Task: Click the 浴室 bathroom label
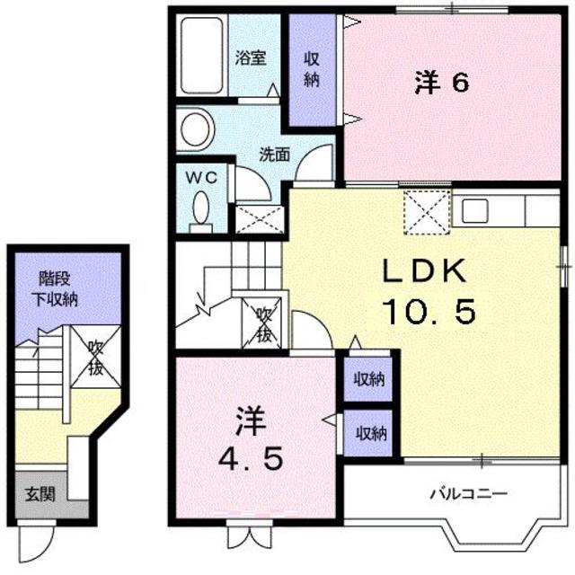(251, 57)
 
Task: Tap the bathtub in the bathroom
(202, 55)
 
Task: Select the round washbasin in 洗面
(197, 129)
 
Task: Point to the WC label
(201, 178)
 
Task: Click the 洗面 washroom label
(275, 155)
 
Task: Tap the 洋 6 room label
(442, 83)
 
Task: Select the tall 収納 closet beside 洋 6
(313, 70)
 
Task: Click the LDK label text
(425, 270)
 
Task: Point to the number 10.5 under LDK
(429, 312)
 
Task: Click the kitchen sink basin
(475, 211)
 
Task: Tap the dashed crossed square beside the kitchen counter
(428, 212)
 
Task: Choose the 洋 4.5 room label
(252, 438)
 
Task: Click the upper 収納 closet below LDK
(368, 379)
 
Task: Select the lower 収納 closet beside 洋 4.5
(368, 433)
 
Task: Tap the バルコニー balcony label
(469, 493)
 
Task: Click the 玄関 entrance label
(40, 495)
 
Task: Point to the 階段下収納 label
(56, 289)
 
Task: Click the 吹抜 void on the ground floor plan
(95, 358)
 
